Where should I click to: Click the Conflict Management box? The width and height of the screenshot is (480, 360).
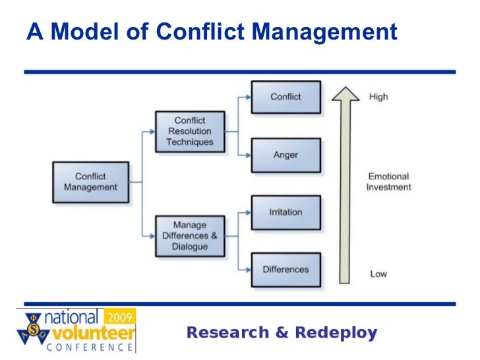[x=90, y=182]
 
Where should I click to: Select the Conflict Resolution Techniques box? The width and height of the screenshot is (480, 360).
[x=190, y=131]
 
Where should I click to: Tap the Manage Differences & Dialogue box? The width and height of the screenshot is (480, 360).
[x=190, y=235]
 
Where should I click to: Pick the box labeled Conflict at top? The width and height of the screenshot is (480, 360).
[x=285, y=97]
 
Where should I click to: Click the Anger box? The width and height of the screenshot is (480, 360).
[x=285, y=155]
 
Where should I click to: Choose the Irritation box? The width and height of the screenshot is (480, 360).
[x=285, y=212]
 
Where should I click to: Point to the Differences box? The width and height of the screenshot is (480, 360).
[x=285, y=270]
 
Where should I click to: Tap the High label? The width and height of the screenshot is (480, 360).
[x=378, y=97]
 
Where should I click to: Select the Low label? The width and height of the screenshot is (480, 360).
[x=378, y=274]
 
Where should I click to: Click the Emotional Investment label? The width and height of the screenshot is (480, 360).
[x=388, y=182]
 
